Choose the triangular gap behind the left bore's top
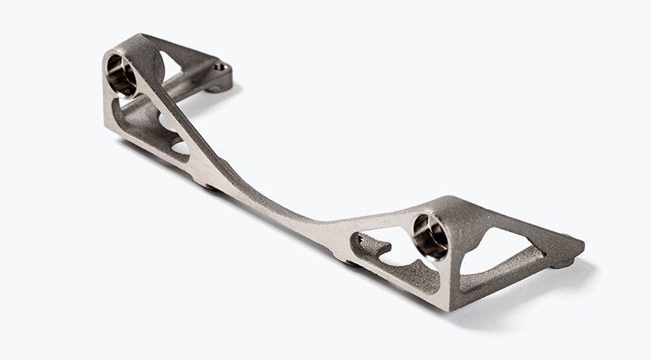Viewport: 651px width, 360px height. click(x=172, y=65)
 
